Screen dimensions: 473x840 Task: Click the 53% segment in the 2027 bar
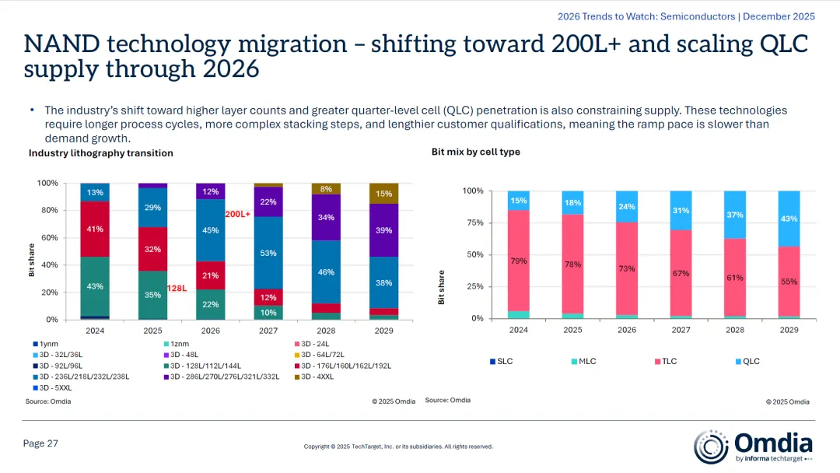(268, 253)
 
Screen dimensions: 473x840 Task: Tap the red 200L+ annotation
(238, 213)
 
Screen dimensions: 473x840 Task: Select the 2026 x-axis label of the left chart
(210, 330)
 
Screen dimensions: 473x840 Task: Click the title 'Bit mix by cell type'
(476, 152)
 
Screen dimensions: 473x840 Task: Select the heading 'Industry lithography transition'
(101, 153)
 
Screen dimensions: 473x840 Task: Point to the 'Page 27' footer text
(40, 443)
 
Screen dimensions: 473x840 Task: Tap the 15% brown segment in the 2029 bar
(383, 194)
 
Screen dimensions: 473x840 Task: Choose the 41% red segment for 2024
(95, 229)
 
